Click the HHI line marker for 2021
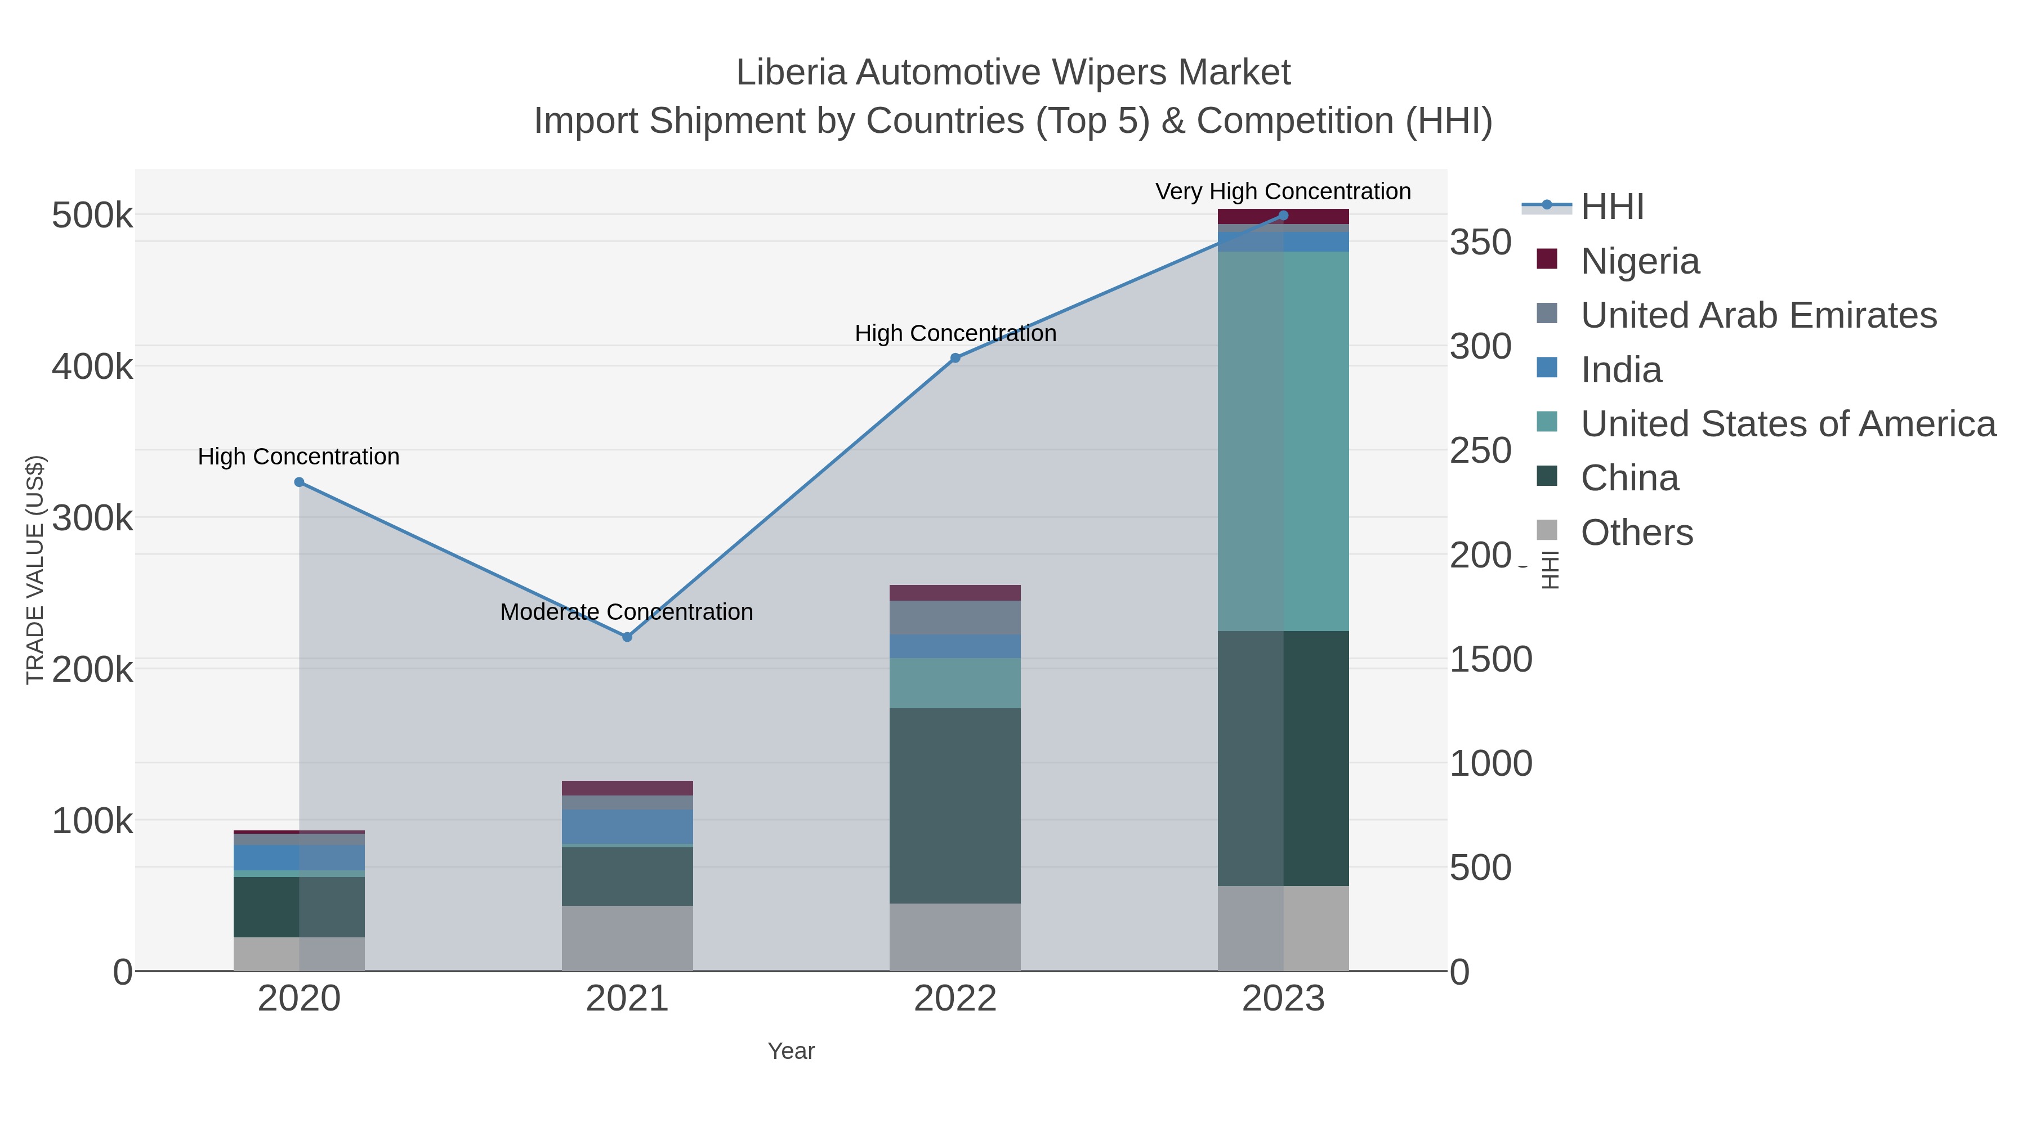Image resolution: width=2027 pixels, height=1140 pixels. point(627,637)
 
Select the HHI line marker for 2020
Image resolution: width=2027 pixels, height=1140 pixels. point(299,482)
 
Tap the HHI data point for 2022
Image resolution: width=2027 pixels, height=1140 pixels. point(956,358)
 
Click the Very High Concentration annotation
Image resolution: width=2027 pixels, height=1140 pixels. point(1283,191)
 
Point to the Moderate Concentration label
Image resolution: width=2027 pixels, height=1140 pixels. point(626,611)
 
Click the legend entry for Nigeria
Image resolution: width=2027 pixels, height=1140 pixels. point(1640,261)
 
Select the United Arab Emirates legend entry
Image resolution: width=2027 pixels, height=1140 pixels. point(1758,315)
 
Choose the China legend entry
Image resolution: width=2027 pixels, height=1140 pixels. point(1629,477)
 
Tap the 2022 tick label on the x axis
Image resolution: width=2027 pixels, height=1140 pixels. point(956,998)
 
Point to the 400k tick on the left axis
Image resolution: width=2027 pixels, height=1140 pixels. point(92,366)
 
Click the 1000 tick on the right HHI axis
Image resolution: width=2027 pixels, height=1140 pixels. point(1490,763)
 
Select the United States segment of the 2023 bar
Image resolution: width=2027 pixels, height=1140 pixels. point(1283,441)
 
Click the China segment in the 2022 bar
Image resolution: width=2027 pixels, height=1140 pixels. point(956,805)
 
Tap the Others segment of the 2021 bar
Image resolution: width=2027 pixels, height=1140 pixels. point(627,938)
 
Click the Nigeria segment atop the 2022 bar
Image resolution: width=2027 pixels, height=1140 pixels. point(956,592)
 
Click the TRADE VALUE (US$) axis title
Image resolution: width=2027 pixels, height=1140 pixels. point(35,570)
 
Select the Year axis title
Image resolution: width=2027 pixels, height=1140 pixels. point(791,1051)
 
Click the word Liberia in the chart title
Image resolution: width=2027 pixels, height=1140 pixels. point(792,73)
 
